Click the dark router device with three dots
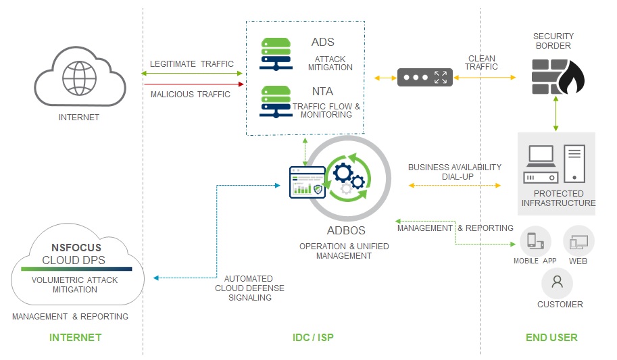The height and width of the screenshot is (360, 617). pos(423,78)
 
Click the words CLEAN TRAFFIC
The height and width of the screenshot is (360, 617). pos(482,63)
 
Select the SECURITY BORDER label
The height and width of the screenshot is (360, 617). pos(553,41)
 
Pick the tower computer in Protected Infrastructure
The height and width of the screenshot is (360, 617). pos(574,163)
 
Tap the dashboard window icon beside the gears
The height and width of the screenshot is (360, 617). pos(307,182)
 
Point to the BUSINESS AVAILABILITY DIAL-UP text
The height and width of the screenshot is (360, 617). pos(454,172)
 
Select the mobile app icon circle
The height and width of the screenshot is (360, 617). pos(535,241)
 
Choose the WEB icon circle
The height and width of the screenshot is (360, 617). pos(578,241)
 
